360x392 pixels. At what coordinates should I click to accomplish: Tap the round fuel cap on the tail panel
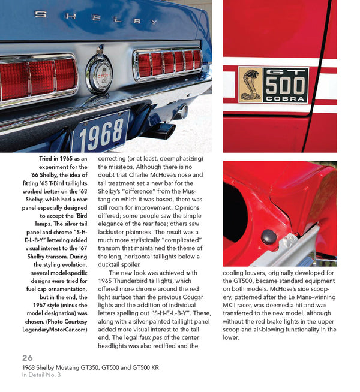[x=99, y=74]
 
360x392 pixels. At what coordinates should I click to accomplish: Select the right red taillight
[x=167, y=63]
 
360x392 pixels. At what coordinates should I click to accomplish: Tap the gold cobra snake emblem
[x=250, y=85]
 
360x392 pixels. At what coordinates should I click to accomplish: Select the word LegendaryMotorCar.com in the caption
[x=57, y=329]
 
